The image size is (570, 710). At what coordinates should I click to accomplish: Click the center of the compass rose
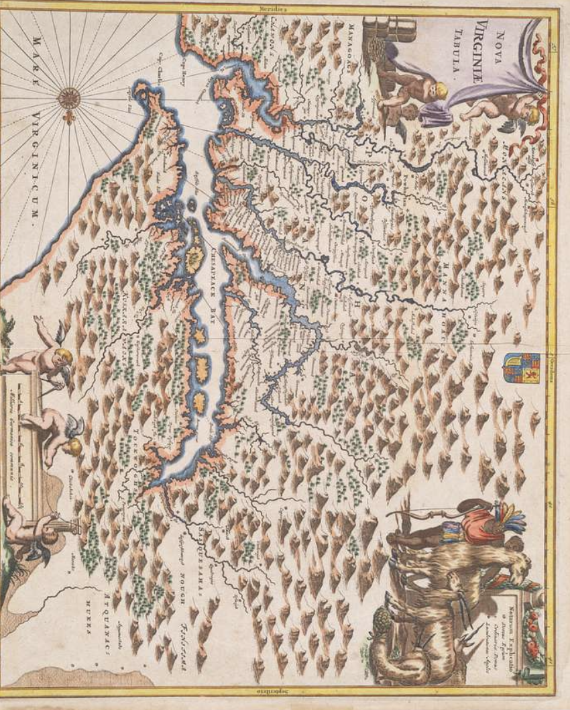[69, 99]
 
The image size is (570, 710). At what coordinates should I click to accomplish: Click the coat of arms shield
[520, 368]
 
